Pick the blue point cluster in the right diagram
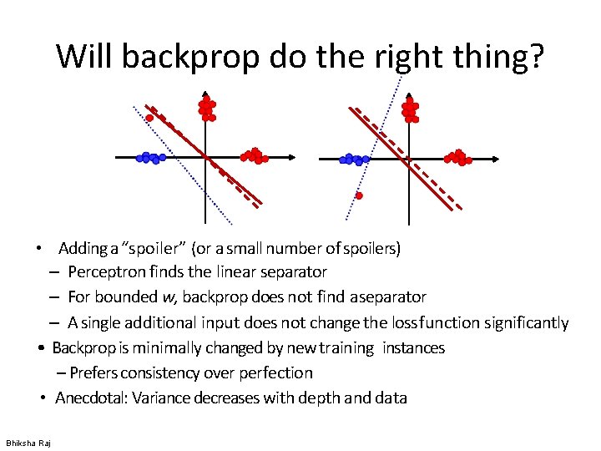point(354,159)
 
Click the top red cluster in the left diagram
point(206,109)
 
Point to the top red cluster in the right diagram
point(410,109)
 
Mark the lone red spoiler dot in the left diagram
point(150,119)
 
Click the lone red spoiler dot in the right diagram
point(359,195)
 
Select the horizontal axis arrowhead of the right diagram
point(496,158)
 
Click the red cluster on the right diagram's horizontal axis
point(457,157)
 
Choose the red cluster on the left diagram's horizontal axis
point(253,155)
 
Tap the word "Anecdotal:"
point(92,398)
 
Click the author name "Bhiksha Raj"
point(28,443)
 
